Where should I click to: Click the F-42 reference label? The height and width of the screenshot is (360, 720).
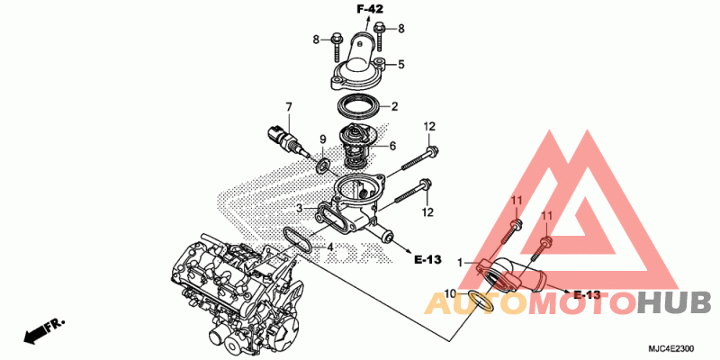[x=370, y=9]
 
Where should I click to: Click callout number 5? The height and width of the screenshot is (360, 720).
[x=400, y=64]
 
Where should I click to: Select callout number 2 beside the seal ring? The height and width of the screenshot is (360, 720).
[x=394, y=107]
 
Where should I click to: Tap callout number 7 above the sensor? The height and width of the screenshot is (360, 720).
[x=289, y=107]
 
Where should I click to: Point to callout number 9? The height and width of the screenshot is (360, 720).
[x=323, y=139]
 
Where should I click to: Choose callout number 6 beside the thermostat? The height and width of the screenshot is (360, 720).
[x=392, y=146]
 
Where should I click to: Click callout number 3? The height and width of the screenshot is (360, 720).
[x=299, y=209]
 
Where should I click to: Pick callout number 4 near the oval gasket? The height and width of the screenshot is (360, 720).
[x=329, y=247]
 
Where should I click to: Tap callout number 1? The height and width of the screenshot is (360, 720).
[x=460, y=263]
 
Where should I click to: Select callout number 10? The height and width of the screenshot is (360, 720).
[x=451, y=292]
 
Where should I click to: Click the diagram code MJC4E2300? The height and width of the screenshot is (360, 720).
[x=670, y=348]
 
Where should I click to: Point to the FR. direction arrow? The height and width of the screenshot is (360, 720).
[x=44, y=330]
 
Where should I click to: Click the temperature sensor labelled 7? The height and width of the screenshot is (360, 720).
[x=283, y=139]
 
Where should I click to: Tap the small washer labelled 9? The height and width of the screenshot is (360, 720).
[x=323, y=166]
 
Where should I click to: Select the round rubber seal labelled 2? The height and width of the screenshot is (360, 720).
[x=361, y=106]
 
